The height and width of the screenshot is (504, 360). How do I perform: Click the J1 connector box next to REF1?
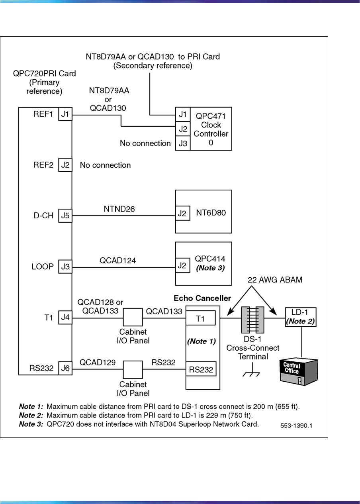click(65, 115)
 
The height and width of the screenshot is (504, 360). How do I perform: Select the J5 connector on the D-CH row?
click(65, 216)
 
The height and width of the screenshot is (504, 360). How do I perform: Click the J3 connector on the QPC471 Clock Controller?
click(183, 143)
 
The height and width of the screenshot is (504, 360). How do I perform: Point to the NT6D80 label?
click(211, 213)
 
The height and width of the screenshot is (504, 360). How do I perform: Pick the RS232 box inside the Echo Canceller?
click(201, 369)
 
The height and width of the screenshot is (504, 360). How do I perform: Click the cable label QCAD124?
click(117, 261)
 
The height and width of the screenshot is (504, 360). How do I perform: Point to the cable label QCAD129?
click(98, 363)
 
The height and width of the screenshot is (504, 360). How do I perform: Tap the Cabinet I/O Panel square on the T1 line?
click(133, 318)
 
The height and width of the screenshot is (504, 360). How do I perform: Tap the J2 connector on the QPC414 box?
click(182, 266)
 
